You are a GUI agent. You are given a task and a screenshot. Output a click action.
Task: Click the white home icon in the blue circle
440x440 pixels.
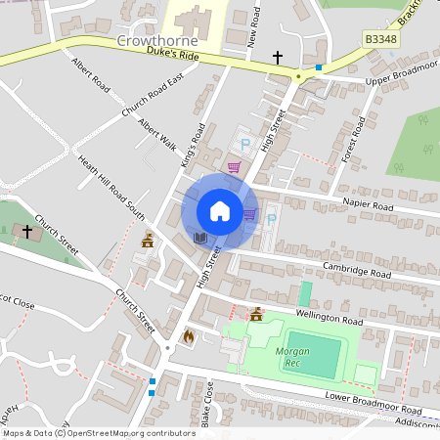pyautogui.click(x=220, y=211)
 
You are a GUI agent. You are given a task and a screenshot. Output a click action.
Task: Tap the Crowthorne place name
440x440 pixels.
pyautogui.click(x=157, y=42)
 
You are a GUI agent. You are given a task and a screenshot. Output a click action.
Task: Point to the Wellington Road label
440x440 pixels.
pyautogui.click(x=331, y=320)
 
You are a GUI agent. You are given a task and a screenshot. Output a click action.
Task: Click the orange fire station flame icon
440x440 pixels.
pyautogui.click(x=188, y=335)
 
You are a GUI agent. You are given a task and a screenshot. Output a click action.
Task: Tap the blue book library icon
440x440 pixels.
pyautogui.click(x=200, y=238)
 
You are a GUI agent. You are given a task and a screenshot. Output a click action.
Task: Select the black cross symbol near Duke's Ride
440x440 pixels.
pyautogui.click(x=278, y=58)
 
